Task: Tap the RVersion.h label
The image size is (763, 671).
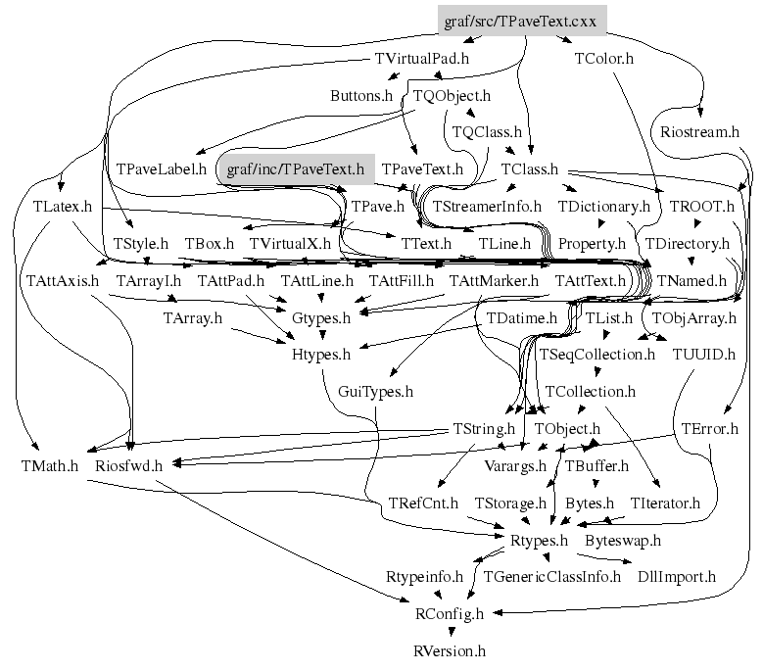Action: click(x=449, y=650)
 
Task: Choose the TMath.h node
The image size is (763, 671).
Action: click(x=48, y=464)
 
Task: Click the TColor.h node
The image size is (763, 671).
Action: click(x=603, y=58)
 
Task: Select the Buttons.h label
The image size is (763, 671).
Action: click(x=360, y=96)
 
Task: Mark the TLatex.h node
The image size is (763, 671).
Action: click(x=62, y=207)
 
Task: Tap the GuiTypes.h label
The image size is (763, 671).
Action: click(x=375, y=391)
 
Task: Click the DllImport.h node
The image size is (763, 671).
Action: click(x=677, y=577)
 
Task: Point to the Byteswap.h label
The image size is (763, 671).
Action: click(x=623, y=540)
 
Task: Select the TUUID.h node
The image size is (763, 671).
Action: click(x=703, y=354)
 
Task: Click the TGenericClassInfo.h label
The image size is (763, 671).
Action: click(x=551, y=577)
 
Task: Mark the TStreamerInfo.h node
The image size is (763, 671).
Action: click(x=487, y=207)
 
